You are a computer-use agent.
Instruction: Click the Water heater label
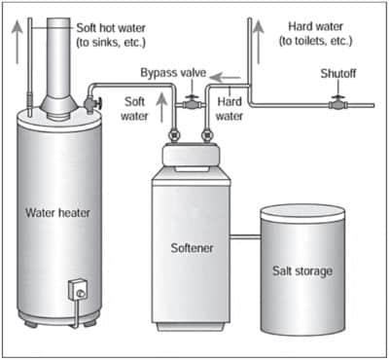(x=57, y=213)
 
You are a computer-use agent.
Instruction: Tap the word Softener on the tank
(x=192, y=248)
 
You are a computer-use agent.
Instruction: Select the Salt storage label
(x=302, y=271)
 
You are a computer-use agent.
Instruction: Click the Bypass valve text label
(x=173, y=73)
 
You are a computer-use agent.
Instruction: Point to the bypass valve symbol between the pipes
(x=192, y=104)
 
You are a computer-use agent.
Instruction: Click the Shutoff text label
(x=338, y=74)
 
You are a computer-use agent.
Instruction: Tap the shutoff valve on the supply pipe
(x=338, y=104)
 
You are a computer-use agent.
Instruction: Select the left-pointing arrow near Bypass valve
(x=225, y=78)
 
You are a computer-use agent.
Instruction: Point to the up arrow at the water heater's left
(x=17, y=42)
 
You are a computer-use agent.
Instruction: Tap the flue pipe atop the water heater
(x=58, y=61)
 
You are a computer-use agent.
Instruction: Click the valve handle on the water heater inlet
(x=100, y=104)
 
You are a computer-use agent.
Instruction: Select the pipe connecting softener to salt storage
(x=245, y=237)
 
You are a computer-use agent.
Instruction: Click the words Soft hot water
(x=111, y=28)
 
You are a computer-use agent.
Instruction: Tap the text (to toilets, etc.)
(x=315, y=41)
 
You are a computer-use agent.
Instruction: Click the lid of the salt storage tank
(x=302, y=212)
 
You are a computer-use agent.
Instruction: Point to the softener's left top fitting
(x=173, y=135)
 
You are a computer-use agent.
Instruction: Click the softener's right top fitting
(x=206, y=135)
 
